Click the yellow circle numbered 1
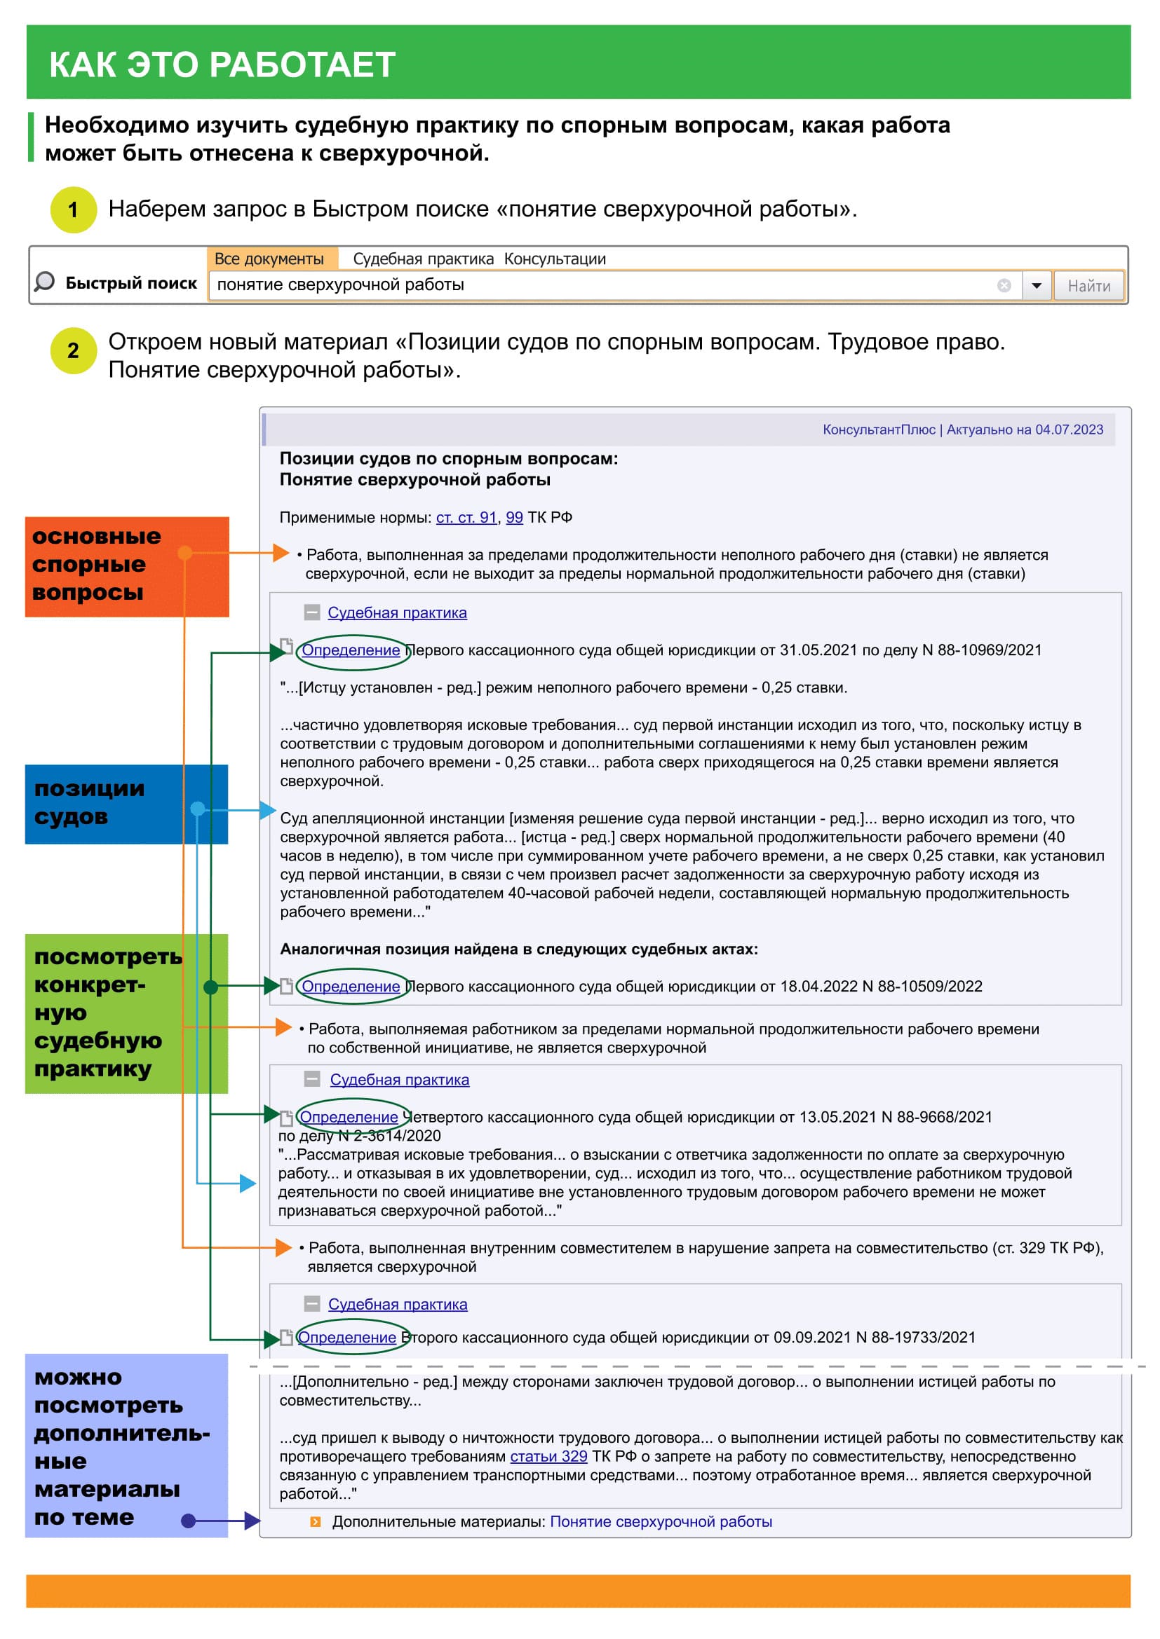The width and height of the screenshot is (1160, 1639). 74,210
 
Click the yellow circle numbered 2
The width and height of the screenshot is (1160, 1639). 74,350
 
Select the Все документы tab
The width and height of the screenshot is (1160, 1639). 269,259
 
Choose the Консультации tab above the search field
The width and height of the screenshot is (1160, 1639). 555,259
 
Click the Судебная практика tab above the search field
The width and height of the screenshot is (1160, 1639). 423,259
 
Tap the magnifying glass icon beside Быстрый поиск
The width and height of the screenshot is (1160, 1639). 44,282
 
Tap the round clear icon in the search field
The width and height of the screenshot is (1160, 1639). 1004,285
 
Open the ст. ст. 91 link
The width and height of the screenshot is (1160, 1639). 466,518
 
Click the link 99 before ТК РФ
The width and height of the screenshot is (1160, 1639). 514,518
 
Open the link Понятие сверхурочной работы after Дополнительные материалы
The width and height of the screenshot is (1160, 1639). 661,1521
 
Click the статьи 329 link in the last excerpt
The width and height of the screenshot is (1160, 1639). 548,1456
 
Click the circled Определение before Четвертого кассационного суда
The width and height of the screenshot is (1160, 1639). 349,1117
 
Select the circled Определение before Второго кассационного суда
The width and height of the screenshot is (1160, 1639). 347,1337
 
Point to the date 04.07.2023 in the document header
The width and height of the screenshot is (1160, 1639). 1070,430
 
